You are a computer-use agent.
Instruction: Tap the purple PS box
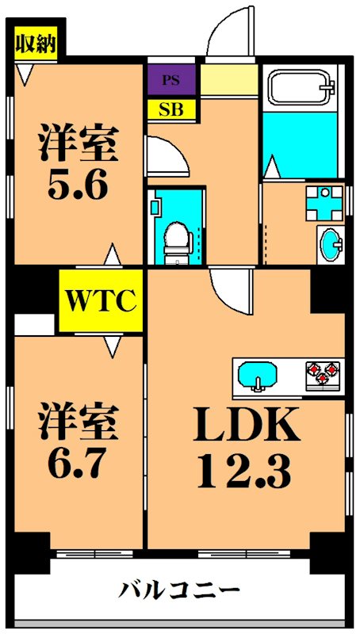[170, 80]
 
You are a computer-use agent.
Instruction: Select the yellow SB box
[170, 109]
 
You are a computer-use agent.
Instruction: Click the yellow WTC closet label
[101, 302]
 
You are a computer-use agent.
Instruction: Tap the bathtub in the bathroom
[301, 88]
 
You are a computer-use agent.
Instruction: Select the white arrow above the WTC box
[113, 256]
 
